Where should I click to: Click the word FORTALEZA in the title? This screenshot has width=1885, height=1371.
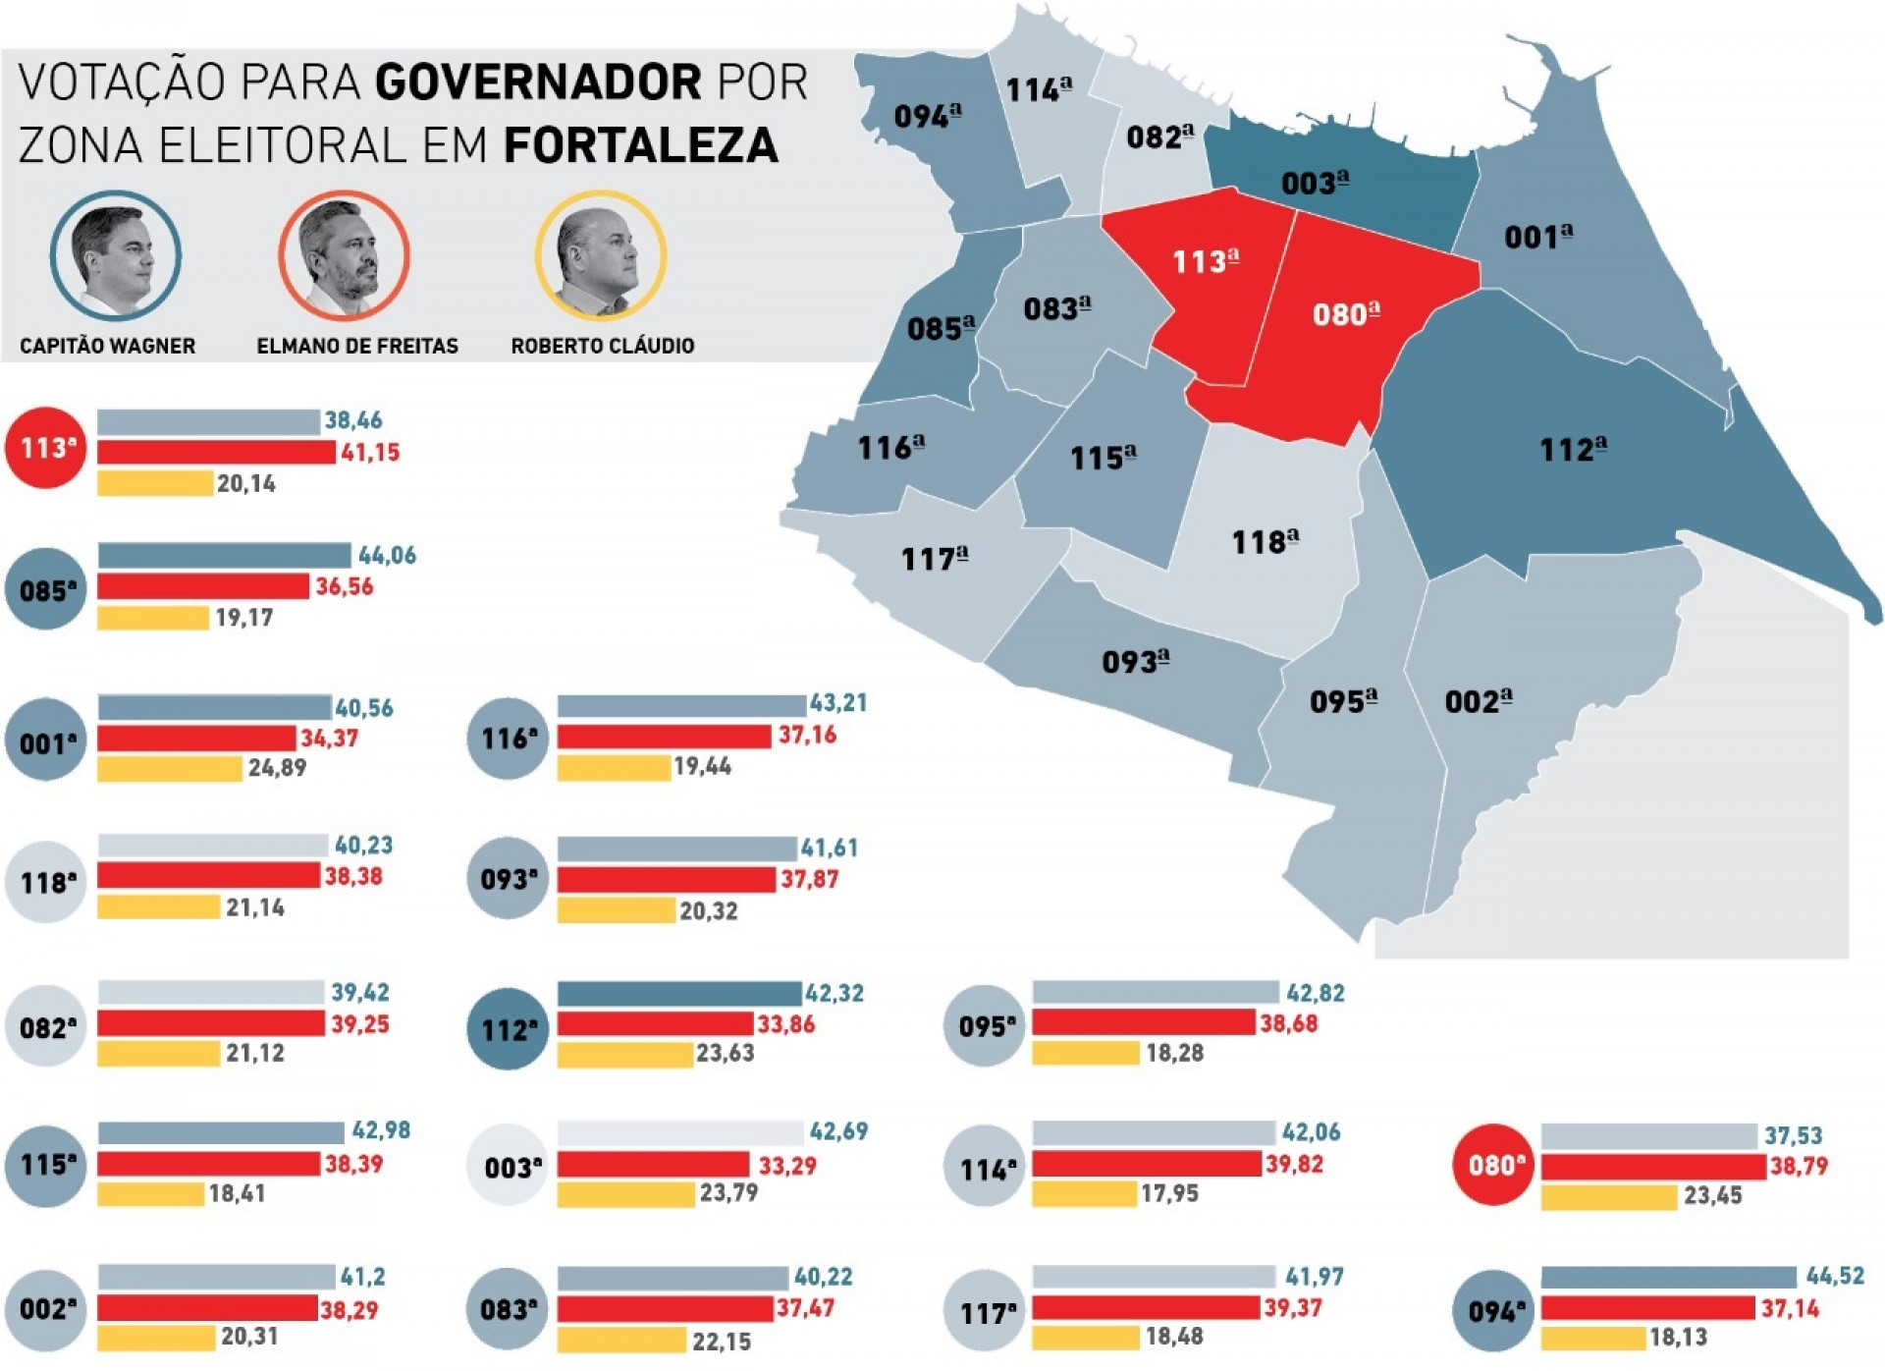coord(640,145)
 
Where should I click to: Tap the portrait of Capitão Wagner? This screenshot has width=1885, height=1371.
coord(116,256)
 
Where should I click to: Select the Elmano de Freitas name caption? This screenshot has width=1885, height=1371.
coord(357,346)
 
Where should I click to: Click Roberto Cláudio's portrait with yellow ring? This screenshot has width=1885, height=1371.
coord(600,256)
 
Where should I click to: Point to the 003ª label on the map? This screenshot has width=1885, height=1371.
coord(1315,183)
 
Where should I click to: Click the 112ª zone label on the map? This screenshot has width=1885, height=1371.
coord(1573,450)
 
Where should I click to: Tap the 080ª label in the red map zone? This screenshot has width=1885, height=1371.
coord(1346,314)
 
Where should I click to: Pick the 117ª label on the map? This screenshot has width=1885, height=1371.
coord(935,559)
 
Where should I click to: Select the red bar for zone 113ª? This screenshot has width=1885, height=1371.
coord(216,452)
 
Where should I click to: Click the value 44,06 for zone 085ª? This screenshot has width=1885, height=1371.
coord(387,556)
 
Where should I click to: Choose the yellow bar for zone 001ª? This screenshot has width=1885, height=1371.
coord(170,768)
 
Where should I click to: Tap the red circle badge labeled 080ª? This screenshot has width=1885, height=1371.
coord(1493,1165)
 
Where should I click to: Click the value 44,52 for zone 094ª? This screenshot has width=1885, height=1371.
coord(1834,1276)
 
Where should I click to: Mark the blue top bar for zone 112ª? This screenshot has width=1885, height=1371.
coord(679,993)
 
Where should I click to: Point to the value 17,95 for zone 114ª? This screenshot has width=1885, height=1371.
coord(1169,1194)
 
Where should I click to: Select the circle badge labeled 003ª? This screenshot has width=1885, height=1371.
coord(507,1167)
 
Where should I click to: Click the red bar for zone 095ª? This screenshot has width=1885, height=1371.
coord(1144,1023)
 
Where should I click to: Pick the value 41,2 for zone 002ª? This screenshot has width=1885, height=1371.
coord(362,1277)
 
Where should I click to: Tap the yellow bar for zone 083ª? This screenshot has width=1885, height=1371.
coord(621,1340)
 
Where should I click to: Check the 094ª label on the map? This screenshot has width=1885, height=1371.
coord(927,116)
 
